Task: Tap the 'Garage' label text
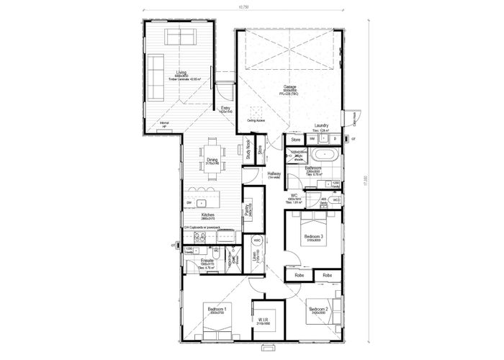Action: click(x=289, y=86)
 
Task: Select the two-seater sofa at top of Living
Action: click(x=179, y=37)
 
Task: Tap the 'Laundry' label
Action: click(x=322, y=126)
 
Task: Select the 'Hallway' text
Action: click(x=274, y=174)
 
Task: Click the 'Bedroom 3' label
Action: click(x=312, y=236)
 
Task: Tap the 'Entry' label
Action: click(x=225, y=108)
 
